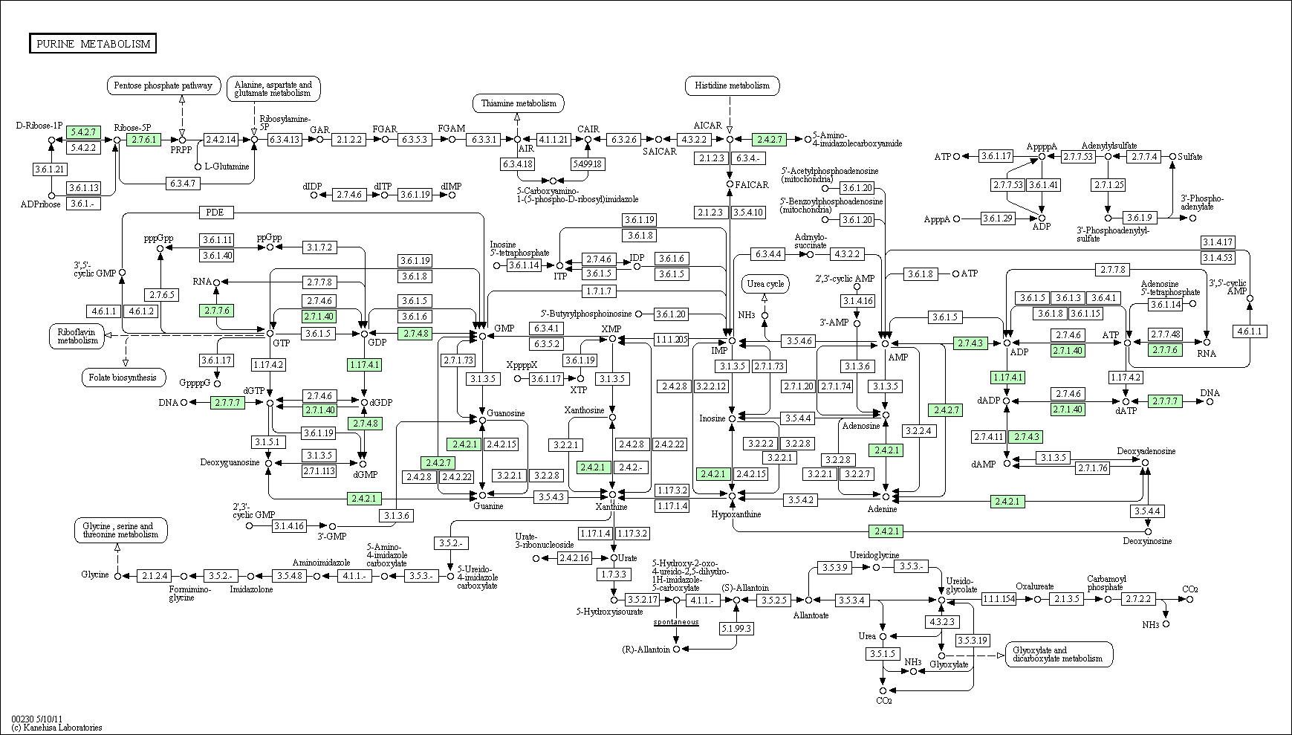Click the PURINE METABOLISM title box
coord(93,44)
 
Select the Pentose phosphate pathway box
coord(164,85)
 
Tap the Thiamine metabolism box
coord(518,103)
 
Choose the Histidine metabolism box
coord(732,85)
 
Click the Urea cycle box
coord(765,284)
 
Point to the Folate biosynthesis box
coord(123,378)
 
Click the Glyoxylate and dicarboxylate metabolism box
coord(1059,654)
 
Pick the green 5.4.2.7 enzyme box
coord(82,132)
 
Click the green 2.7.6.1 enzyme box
coord(143,139)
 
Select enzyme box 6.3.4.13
coord(285,139)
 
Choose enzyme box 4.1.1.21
coord(554,139)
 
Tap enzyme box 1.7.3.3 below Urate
coord(614,574)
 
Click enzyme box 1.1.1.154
coord(999,599)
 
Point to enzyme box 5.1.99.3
coord(736,629)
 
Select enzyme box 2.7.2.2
coord(1139,599)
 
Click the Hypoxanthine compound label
coord(736,514)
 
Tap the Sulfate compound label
coord(1190,157)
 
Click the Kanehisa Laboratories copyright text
coord(56,728)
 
